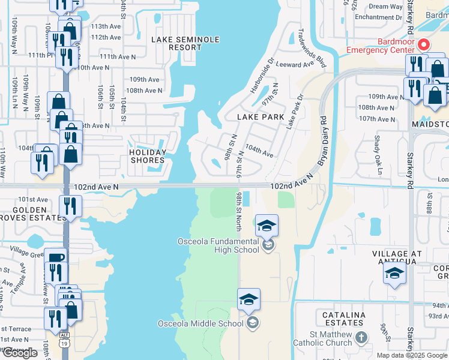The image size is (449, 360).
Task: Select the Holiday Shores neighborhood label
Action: click(x=147, y=156)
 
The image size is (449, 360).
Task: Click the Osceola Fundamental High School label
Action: click(x=218, y=246)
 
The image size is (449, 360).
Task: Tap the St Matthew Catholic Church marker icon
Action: click(x=361, y=338)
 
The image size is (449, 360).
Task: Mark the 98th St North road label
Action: click(x=239, y=211)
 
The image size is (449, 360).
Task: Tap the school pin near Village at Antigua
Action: click(x=394, y=272)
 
